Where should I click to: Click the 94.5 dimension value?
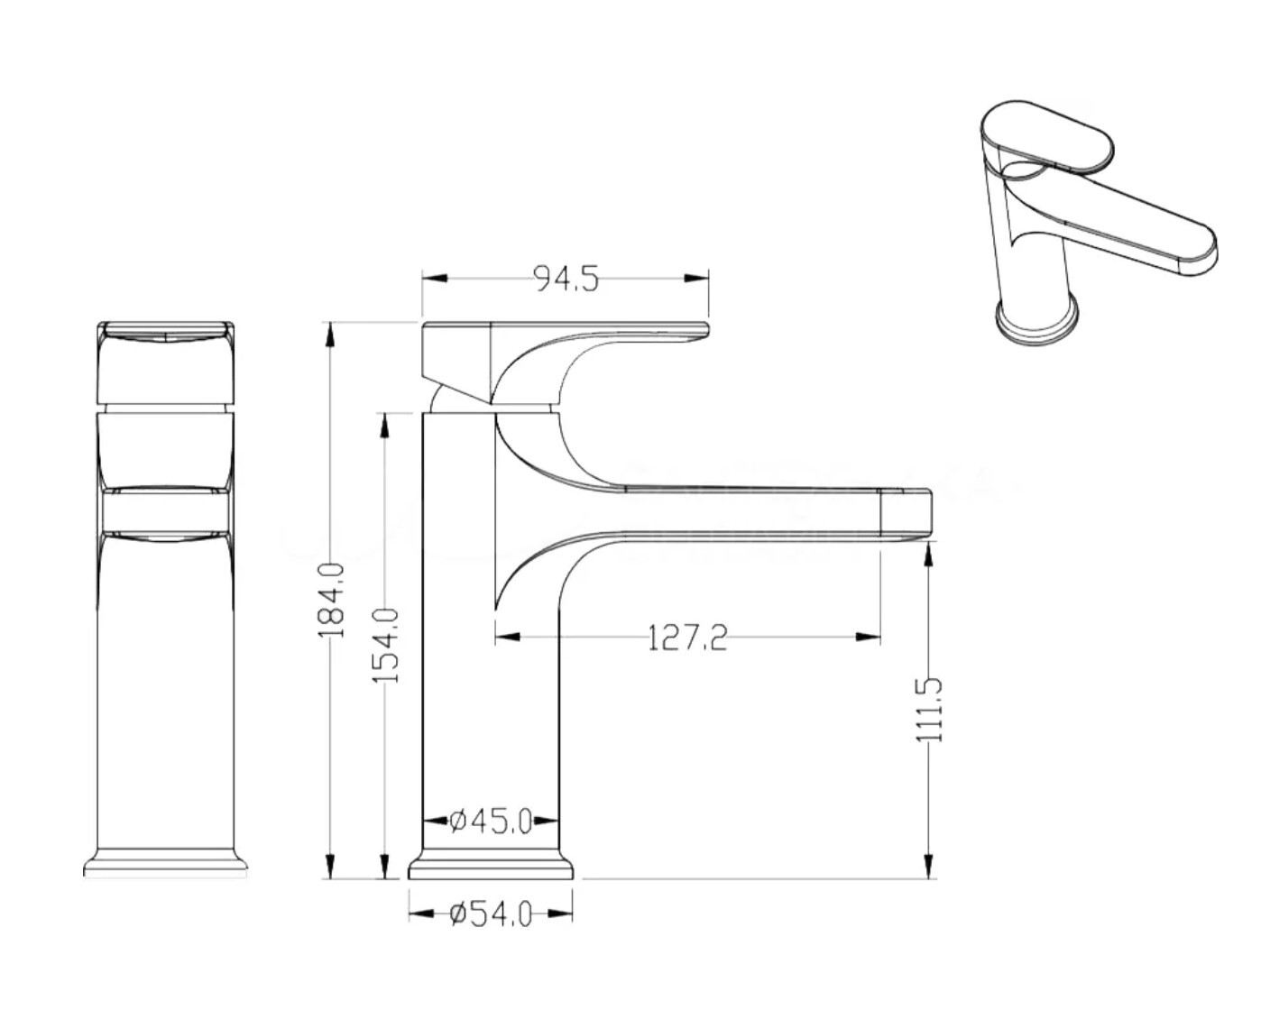566,279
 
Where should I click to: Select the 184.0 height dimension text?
330,600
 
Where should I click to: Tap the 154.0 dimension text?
385,646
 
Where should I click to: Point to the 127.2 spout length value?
688,638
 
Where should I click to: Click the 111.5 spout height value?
928,711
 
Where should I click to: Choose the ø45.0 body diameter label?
491,822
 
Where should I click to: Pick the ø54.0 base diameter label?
491,914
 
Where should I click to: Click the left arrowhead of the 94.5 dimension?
435,279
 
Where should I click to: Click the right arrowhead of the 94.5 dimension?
695,279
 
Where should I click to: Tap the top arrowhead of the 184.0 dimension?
330,335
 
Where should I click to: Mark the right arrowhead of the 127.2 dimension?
868,637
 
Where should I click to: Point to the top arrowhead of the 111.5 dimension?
928,554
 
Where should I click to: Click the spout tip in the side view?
906,514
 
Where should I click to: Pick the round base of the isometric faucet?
1037,325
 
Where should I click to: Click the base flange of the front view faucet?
166,864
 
